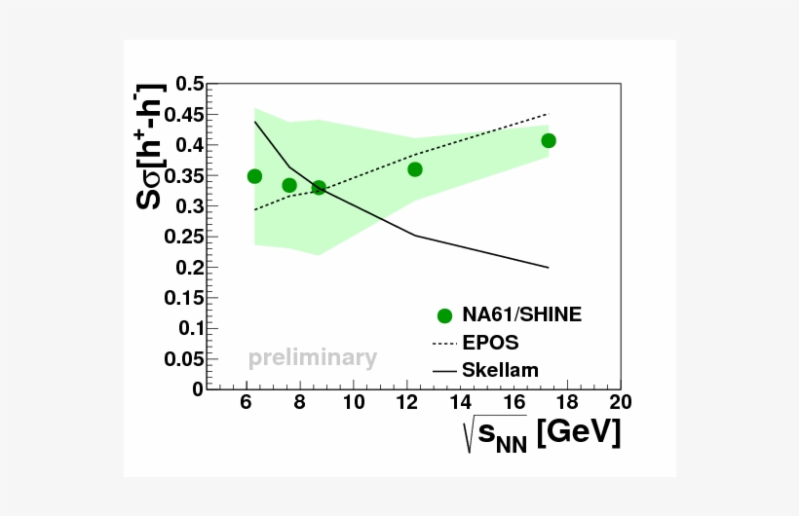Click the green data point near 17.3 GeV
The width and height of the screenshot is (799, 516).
pyautogui.click(x=549, y=141)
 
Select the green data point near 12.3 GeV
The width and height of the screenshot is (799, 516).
pyautogui.click(x=415, y=169)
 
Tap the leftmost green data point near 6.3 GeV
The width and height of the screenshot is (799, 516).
pyautogui.click(x=254, y=176)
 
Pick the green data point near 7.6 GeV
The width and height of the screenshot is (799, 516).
pyautogui.click(x=289, y=185)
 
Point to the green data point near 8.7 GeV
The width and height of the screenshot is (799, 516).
pyautogui.click(x=319, y=187)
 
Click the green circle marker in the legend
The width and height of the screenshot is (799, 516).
pyautogui.click(x=445, y=315)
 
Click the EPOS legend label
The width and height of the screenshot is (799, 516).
pyautogui.click(x=490, y=343)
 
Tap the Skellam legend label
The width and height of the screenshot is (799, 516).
pyautogui.click(x=501, y=370)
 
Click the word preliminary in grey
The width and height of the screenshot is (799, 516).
pyautogui.click(x=312, y=358)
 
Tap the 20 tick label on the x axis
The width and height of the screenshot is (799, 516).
pyautogui.click(x=619, y=402)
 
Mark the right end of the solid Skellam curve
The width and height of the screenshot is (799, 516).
pyautogui.click(x=549, y=268)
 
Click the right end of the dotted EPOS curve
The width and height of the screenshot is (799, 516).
pyautogui.click(x=549, y=114)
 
